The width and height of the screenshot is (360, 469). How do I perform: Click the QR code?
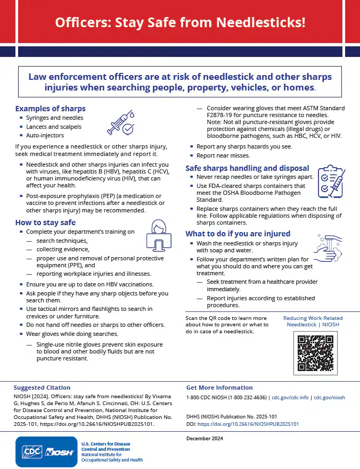(x=316, y=353)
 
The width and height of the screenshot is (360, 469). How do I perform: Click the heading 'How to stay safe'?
(x=45, y=223)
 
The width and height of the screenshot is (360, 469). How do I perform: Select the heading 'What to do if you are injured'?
(x=238, y=233)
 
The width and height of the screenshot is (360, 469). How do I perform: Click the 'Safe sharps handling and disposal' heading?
(x=247, y=168)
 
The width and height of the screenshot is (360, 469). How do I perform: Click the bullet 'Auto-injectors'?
(x=45, y=135)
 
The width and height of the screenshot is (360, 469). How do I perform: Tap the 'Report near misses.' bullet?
(x=223, y=155)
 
